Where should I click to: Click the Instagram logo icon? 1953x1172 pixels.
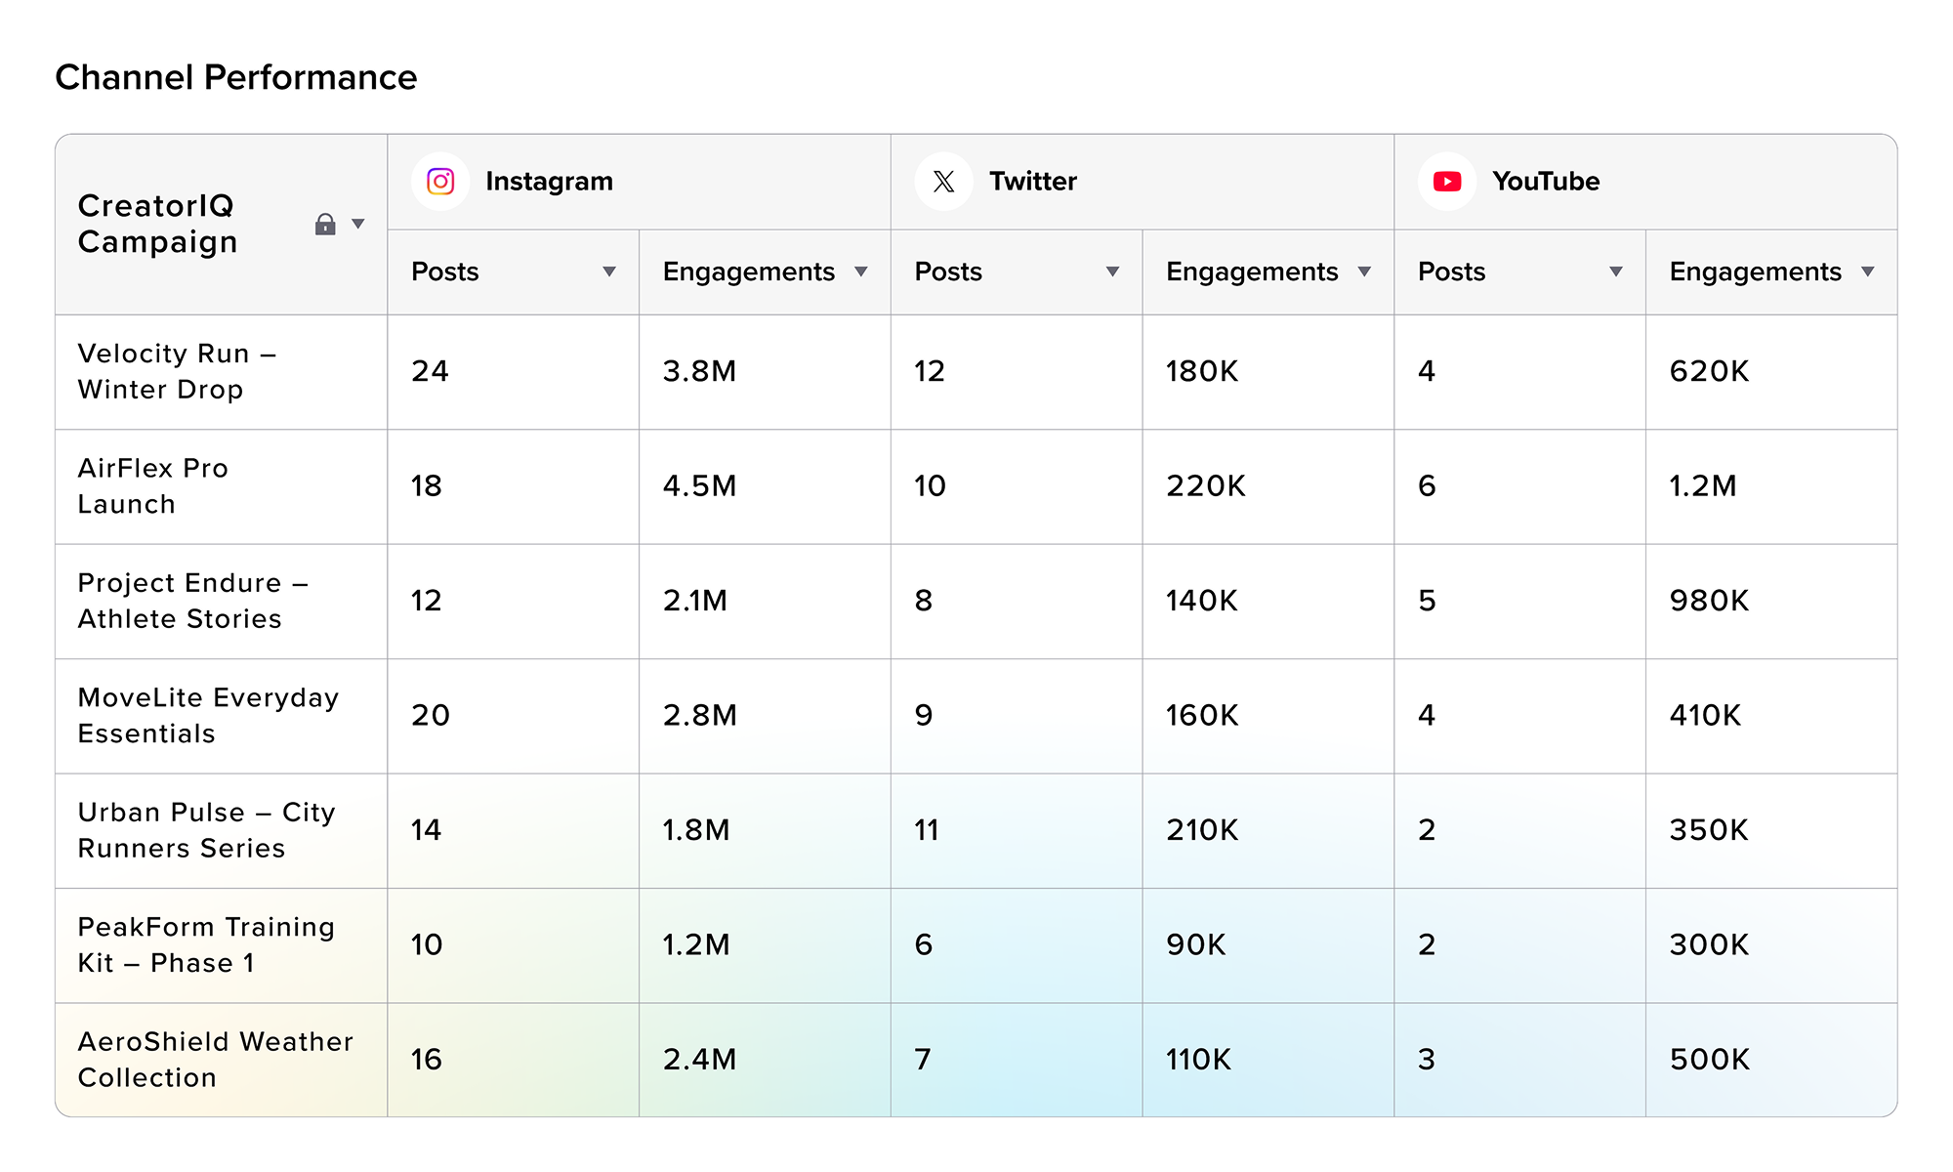440,182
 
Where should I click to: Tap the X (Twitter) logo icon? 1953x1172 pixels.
943,182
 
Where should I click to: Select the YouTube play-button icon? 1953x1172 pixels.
1446,182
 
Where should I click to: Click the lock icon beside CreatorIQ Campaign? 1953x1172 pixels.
325,225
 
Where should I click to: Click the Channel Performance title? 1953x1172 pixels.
235,77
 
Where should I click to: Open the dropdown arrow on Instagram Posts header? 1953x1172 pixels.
609,272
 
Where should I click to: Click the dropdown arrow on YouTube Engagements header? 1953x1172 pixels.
1867,272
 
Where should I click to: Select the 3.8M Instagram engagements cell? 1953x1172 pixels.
699,371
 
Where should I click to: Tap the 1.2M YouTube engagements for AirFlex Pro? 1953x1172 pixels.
1702,485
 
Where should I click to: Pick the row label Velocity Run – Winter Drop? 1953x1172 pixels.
177,371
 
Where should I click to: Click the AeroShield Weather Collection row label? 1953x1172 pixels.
215,1060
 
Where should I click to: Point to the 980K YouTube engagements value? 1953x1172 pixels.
1709,601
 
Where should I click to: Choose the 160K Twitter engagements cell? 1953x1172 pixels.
1201,715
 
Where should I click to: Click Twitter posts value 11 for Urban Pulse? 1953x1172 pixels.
926,830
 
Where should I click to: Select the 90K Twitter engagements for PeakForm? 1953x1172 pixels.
1195,944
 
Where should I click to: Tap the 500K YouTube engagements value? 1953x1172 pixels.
1709,1060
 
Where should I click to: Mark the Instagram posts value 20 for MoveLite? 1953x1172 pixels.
430,715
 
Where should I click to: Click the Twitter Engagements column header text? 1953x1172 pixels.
1252,272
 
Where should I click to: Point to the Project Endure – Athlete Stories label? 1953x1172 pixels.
192,601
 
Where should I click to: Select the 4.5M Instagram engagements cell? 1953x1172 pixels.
699,485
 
